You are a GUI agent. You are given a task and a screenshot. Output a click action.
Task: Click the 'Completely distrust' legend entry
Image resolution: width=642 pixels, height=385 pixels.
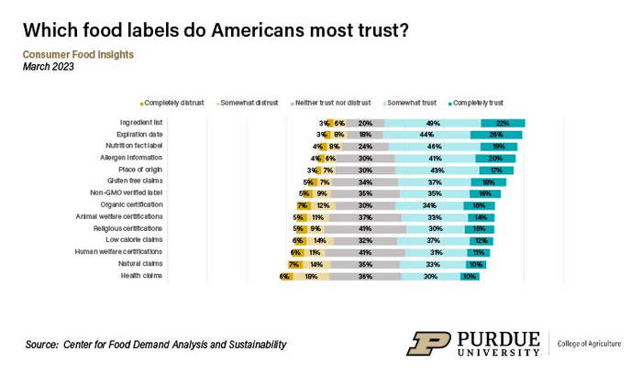pyautogui.click(x=173, y=103)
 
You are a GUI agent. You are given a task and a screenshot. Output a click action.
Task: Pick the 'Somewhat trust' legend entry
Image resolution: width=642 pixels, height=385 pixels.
pyautogui.click(x=411, y=103)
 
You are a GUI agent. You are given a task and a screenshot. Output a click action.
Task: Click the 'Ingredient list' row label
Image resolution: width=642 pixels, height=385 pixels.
pyautogui.click(x=142, y=123)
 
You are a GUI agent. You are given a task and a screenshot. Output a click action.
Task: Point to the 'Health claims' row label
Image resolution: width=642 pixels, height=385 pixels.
pyautogui.click(x=144, y=275)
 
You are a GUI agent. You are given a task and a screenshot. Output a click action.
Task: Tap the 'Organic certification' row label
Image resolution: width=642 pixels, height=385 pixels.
pyautogui.click(x=134, y=204)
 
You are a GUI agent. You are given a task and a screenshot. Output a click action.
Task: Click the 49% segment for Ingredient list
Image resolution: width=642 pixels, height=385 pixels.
pyautogui.click(x=433, y=123)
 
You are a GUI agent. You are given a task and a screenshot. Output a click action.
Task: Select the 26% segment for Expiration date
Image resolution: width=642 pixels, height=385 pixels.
pyautogui.click(x=496, y=135)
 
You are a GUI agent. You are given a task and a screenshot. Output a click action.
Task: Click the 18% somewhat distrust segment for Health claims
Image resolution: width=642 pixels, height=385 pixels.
pyautogui.click(x=311, y=275)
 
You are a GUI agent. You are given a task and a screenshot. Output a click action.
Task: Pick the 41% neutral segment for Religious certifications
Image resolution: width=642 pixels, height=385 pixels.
pyautogui.click(x=365, y=228)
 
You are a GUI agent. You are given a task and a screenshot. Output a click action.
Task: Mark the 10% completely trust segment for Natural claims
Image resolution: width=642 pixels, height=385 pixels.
pyautogui.click(x=476, y=263)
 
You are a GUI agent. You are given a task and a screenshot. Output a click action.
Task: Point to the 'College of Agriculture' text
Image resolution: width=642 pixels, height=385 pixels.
pyautogui.click(x=590, y=344)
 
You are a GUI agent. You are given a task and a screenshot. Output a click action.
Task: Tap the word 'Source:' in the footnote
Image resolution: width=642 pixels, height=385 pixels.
pyautogui.click(x=41, y=344)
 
